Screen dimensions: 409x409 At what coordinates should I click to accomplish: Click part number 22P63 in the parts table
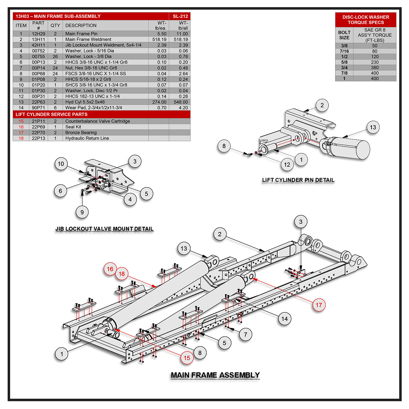[x=38, y=102]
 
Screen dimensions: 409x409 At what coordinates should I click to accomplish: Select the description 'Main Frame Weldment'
[x=88, y=39]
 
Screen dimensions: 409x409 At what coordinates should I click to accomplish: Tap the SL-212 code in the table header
[x=180, y=16]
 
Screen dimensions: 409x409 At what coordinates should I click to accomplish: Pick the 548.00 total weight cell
[x=181, y=102]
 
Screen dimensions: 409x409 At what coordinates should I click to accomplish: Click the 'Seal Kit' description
[x=73, y=127]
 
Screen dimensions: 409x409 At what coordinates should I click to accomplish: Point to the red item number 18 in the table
[x=21, y=138]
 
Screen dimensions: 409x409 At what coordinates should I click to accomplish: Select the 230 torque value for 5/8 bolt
[x=375, y=62]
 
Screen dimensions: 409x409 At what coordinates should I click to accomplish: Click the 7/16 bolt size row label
[x=344, y=51]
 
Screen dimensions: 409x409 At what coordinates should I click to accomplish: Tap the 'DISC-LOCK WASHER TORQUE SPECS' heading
[x=366, y=20]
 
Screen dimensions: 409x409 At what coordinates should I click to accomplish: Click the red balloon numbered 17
[x=319, y=305]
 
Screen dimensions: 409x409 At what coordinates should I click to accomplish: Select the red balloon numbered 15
[x=187, y=358]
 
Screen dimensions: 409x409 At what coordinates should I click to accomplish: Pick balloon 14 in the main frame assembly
[x=284, y=319]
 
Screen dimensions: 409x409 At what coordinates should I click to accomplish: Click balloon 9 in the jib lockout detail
[x=82, y=212]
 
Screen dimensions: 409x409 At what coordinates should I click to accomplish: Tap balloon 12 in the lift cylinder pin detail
[x=287, y=165]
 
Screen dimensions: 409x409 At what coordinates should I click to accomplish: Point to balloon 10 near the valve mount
[x=61, y=164]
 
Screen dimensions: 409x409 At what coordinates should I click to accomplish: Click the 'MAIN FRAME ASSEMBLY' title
[x=215, y=375]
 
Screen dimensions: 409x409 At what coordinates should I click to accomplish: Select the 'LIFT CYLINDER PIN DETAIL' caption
[x=298, y=180]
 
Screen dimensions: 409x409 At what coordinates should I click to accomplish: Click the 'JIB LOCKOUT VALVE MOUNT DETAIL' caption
[x=104, y=229]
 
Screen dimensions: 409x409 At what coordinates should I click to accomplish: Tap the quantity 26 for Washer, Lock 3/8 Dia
[x=55, y=56]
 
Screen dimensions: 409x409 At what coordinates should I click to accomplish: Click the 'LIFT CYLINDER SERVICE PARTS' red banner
[x=52, y=114]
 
